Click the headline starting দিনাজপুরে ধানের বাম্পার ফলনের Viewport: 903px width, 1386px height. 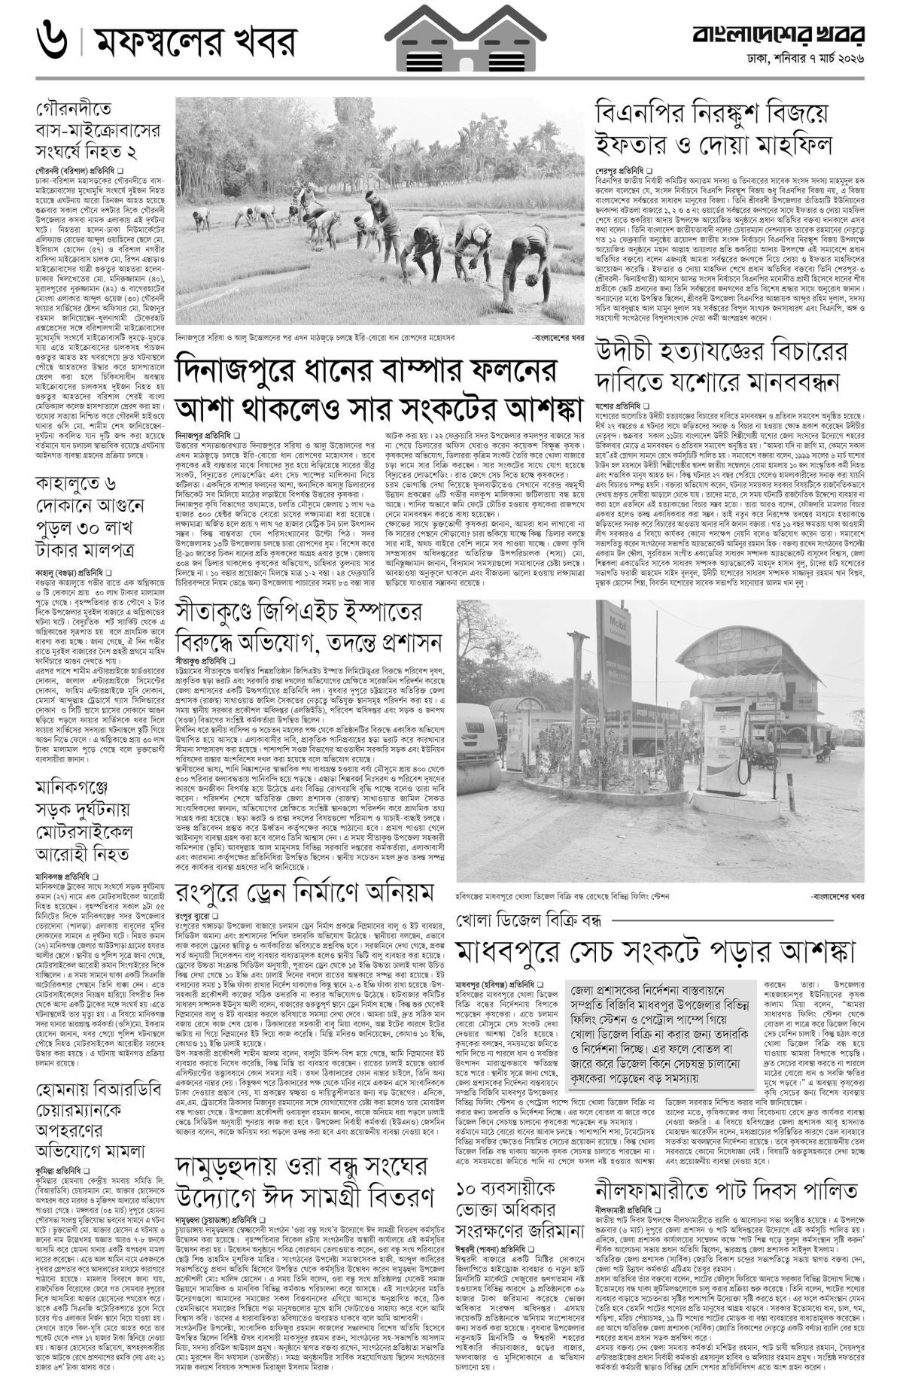pos(379,390)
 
